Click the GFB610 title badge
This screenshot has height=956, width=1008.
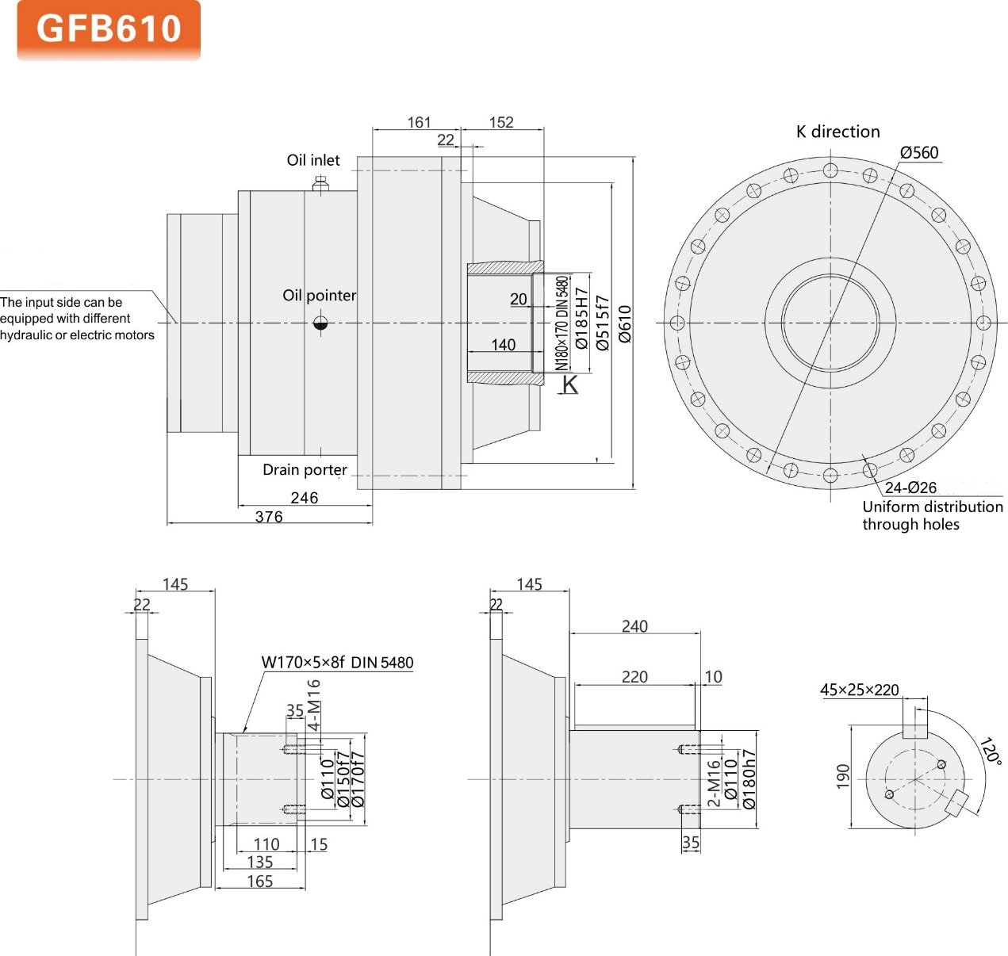109,29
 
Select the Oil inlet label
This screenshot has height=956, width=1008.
313,160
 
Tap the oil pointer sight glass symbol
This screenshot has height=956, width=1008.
320,323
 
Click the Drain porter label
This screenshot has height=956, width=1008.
305,470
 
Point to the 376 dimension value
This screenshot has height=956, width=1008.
269,517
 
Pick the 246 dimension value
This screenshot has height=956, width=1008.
304,498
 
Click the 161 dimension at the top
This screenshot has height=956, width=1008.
419,122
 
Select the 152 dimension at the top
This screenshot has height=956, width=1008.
501,122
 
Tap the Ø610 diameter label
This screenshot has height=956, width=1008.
625,323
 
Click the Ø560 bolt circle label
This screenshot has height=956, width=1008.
919,152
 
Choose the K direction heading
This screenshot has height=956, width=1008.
838,132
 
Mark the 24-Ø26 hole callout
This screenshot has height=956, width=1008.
910,488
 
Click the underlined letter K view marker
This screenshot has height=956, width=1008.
570,385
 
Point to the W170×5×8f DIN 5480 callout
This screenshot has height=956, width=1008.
337,663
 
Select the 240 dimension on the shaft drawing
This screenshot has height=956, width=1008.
634,626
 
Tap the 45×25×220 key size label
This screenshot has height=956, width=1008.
860,690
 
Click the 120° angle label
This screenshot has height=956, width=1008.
991,751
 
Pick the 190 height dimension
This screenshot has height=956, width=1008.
842,776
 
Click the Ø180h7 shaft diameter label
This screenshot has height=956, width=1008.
749,779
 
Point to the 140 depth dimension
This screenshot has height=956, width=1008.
503,345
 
